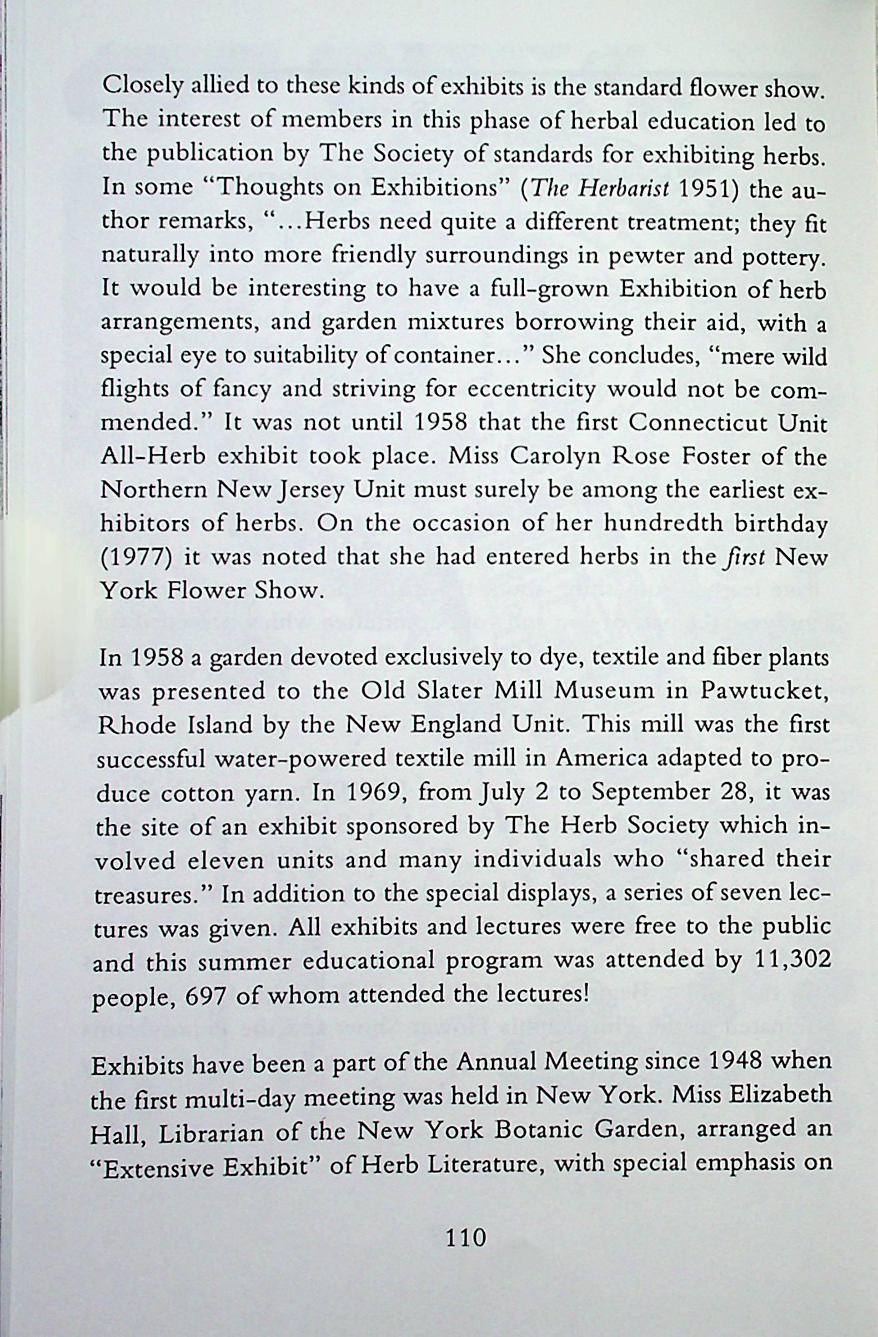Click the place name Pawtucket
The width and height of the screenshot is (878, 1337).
(x=764, y=691)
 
